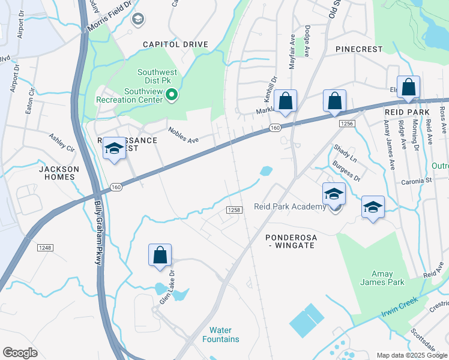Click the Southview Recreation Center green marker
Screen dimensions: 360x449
(x=171, y=95)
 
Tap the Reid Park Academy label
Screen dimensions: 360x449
(x=289, y=207)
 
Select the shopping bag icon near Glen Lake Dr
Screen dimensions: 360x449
(x=160, y=255)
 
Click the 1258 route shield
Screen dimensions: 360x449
(x=234, y=209)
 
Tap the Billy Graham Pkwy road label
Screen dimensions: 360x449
(x=98, y=233)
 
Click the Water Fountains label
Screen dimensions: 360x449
(x=224, y=335)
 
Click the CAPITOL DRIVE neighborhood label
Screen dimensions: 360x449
(x=175, y=44)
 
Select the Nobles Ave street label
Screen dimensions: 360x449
(x=183, y=135)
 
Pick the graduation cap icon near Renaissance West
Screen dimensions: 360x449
(x=113, y=148)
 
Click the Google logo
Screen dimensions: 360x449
(x=20, y=353)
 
